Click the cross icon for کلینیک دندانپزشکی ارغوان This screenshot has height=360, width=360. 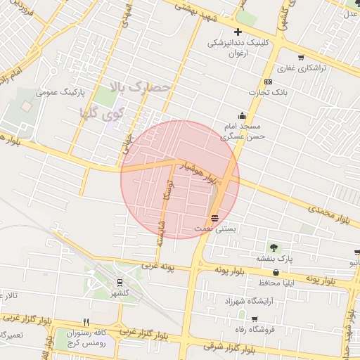point(238,32)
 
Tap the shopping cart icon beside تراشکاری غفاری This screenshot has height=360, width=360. point(301,58)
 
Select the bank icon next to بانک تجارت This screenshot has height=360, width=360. point(268,81)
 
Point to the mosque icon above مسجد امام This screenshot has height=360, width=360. point(243,115)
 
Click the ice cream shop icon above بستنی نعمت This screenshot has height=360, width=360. point(214,217)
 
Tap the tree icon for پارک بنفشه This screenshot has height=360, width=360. point(274,247)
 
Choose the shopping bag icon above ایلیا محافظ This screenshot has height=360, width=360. point(276,272)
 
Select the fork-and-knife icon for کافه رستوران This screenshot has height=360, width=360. point(86,322)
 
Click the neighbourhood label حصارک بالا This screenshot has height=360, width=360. point(141,86)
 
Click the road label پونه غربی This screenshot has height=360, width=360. point(160,266)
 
